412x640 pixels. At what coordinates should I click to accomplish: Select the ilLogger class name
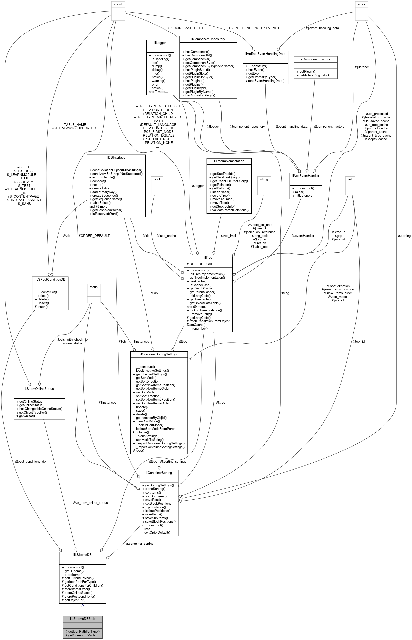[x=160, y=43]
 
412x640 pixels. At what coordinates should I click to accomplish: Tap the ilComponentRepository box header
[x=208, y=39]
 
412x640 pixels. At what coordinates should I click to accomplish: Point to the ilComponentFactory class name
[x=315, y=59]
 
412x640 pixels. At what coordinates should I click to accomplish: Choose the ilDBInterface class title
[x=116, y=157]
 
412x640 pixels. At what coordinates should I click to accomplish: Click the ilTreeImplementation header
[x=229, y=161]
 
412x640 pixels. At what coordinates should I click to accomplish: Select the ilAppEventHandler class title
[x=305, y=176]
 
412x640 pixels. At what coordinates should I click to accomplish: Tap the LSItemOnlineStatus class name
[x=39, y=389]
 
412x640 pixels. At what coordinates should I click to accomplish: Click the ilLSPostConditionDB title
[x=50, y=279]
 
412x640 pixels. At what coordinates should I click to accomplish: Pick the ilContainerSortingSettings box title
[x=159, y=354]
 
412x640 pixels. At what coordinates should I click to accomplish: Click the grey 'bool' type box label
[x=157, y=179]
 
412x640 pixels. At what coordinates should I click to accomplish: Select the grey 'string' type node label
[x=264, y=179]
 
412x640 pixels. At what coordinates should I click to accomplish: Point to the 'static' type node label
[x=94, y=287]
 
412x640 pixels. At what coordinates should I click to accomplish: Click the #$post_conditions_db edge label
[x=30, y=461]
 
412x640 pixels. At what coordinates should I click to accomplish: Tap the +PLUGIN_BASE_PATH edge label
[x=185, y=28]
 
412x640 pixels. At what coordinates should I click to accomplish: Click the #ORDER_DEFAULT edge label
[x=94, y=236]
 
